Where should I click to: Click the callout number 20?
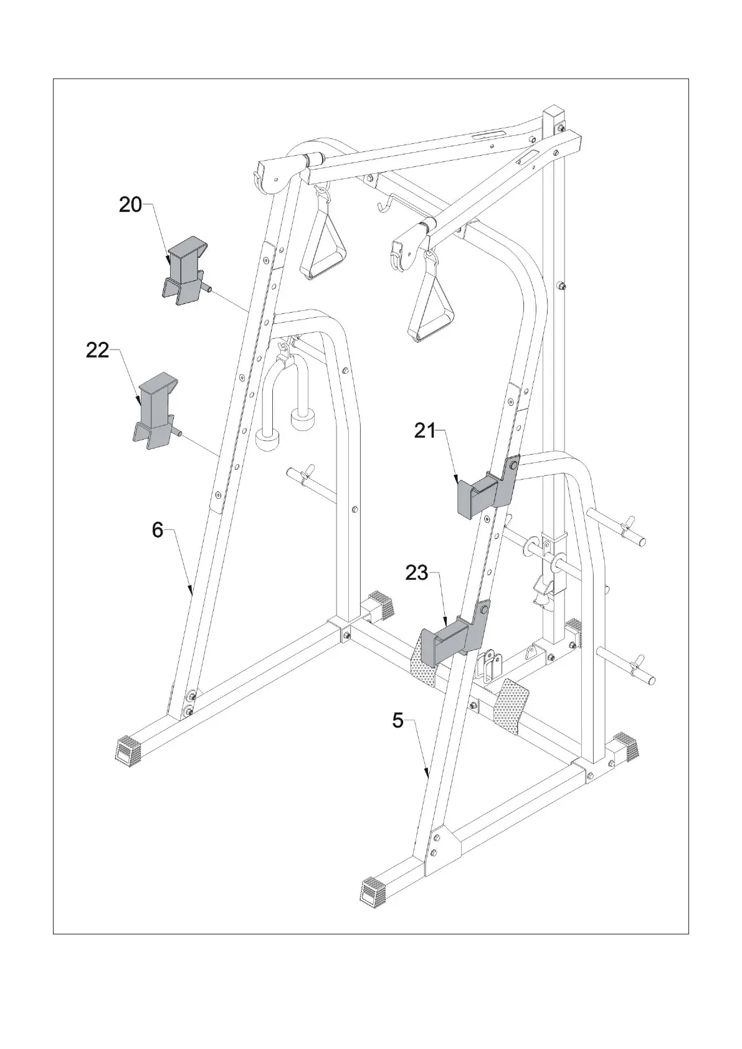[x=130, y=204]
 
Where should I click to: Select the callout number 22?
[x=97, y=351]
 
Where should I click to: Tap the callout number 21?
[x=425, y=430]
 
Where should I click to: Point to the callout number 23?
[x=417, y=572]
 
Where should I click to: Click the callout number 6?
[x=158, y=530]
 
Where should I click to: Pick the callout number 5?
[x=397, y=721]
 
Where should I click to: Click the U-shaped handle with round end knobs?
[x=286, y=405]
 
